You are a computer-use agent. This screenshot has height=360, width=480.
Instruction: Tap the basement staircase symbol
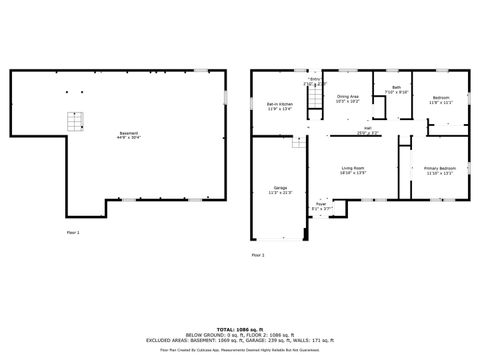tap(73, 122)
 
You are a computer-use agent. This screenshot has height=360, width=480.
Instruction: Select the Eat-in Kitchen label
tap(279, 106)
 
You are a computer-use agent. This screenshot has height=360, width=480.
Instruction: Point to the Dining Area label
tap(347, 98)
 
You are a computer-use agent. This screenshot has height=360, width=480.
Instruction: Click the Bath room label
tap(396, 90)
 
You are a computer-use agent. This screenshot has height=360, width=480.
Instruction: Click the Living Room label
tap(353, 170)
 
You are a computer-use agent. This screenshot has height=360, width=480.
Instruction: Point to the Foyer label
tap(321, 206)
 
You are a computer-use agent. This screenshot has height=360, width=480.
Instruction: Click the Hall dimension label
tap(368, 130)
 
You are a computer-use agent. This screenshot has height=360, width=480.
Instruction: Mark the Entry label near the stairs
tap(315, 81)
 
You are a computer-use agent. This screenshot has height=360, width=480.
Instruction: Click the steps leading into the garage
tap(297, 144)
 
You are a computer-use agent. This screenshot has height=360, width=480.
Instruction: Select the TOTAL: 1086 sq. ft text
tap(240, 327)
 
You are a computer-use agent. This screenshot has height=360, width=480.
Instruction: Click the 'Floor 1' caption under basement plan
tap(72, 232)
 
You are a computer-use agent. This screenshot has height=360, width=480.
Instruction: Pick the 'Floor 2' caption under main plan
tap(258, 255)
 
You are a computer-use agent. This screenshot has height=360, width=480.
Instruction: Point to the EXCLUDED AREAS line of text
tap(240, 339)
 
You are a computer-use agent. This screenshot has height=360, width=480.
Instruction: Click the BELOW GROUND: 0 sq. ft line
tap(240, 333)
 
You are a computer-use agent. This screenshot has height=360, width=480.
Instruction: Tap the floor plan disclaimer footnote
tap(240, 347)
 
